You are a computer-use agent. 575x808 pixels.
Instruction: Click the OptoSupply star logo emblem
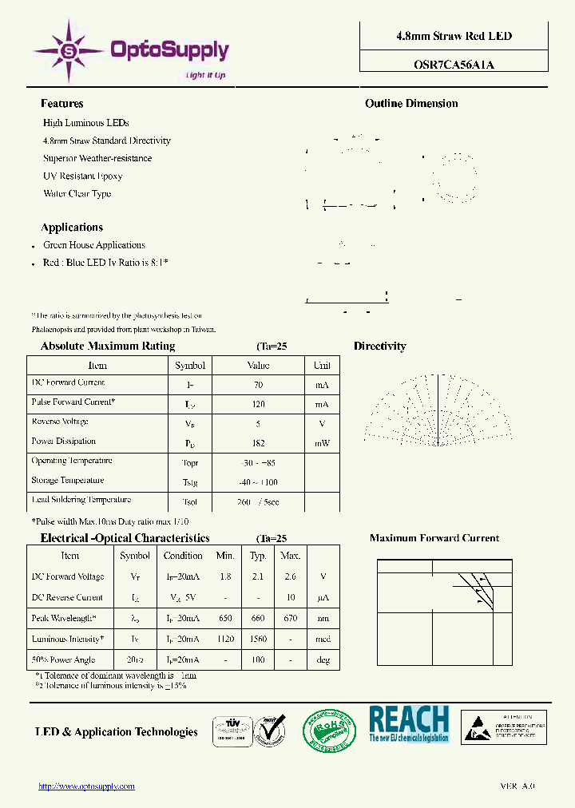coord(69,51)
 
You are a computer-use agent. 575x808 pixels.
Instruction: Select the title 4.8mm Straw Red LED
coord(454,36)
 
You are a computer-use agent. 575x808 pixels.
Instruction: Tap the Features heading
coord(61,104)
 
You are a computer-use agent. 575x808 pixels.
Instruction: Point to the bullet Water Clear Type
coord(77,194)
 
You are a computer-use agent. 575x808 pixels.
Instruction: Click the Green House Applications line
coord(94,245)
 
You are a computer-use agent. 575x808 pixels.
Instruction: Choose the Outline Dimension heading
coord(411,104)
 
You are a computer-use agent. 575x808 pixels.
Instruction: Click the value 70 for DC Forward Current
coord(258,385)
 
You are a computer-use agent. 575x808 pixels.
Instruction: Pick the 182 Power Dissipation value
coord(258,443)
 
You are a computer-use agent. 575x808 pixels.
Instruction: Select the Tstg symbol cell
coord(190,482)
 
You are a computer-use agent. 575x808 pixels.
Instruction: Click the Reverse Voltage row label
coord(60,422)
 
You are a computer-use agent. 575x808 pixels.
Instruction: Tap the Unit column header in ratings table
coord(322,366)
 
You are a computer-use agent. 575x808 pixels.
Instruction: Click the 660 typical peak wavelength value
coord(258,618)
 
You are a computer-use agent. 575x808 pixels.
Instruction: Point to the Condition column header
coord(183,556)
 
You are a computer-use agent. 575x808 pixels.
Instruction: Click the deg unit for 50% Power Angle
coord(323,659)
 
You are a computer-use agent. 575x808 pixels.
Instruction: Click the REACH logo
coord(409,724)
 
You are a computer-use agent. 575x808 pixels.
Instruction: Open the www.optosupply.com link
coord(87,786)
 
